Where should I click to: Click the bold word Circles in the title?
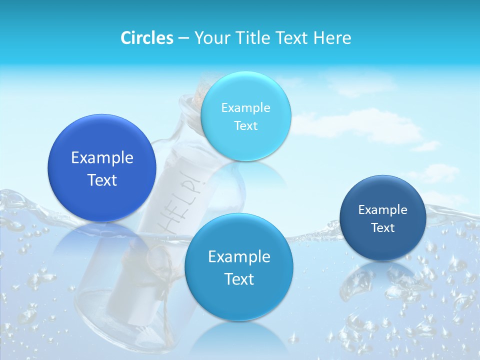[147, 38]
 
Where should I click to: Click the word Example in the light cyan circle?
[245, 107]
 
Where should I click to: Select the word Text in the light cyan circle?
[245, 125]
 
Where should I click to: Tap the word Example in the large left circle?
[102, 158]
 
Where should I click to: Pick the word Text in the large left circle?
[102, 180]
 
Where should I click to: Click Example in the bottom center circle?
[239, 257]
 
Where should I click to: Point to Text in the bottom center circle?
[239, 279]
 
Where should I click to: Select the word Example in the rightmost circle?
[382, 210]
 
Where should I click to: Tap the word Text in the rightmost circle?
[382, 228]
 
